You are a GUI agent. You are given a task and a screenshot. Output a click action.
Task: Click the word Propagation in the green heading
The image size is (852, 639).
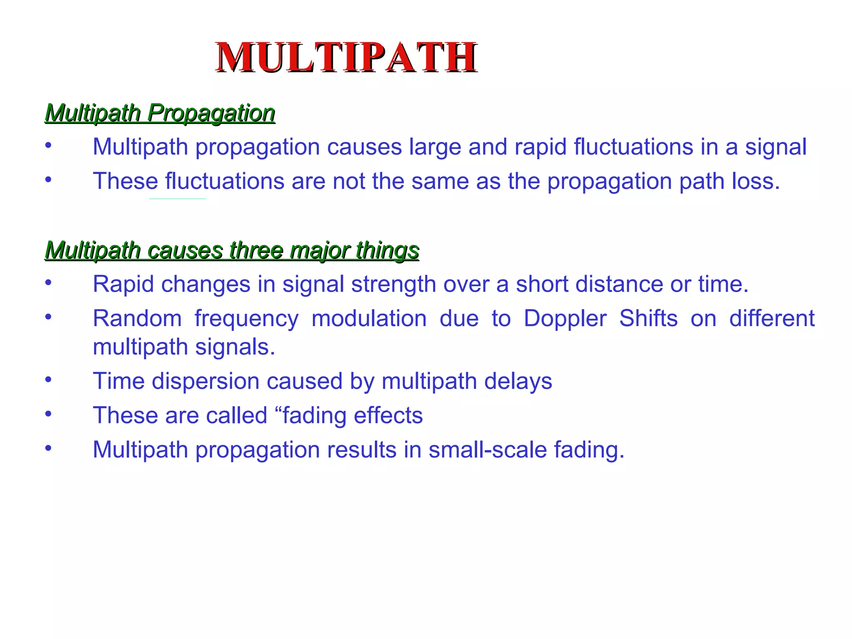tap(211, 113)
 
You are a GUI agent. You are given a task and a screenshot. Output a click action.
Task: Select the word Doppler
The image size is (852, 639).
tap(565, 319)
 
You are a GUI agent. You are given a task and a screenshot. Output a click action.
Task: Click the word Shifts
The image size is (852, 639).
tap(649, 319)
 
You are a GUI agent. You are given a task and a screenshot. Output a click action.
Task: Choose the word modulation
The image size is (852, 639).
tap(369, 319)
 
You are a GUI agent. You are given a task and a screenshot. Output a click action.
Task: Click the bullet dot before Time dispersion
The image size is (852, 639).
tap(49, 379)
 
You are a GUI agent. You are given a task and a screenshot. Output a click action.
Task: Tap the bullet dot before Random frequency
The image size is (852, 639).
tap(49, 317)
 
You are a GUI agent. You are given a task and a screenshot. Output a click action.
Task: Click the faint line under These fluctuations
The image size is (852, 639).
tap(178, 199)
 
